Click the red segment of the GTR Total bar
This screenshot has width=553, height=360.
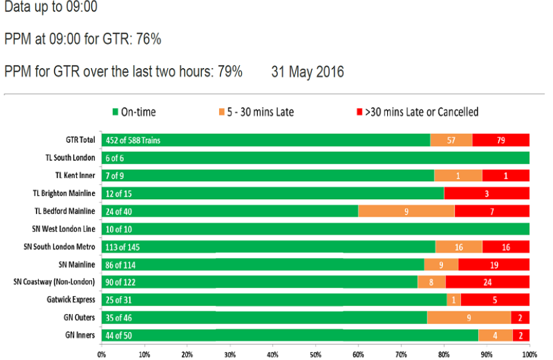coord(501,140)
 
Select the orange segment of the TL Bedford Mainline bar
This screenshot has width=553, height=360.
coord(406,211)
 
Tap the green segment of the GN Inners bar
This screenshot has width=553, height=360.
coord(290,335)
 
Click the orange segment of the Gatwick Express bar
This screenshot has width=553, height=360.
coord(454,299)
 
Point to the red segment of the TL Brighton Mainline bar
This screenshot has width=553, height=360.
coord(486,193)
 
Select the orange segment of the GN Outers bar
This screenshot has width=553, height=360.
coord(469,317)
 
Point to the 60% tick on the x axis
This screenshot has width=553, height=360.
coord(358,354)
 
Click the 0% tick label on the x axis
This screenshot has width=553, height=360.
coord(102,354)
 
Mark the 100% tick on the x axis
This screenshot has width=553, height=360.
coord(529,354)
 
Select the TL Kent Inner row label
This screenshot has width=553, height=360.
coord(76,175)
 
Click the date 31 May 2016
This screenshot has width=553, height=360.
coord(308,72)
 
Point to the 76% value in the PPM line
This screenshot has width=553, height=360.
coord(149,39)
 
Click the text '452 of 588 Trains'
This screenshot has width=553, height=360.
coord(133,140)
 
